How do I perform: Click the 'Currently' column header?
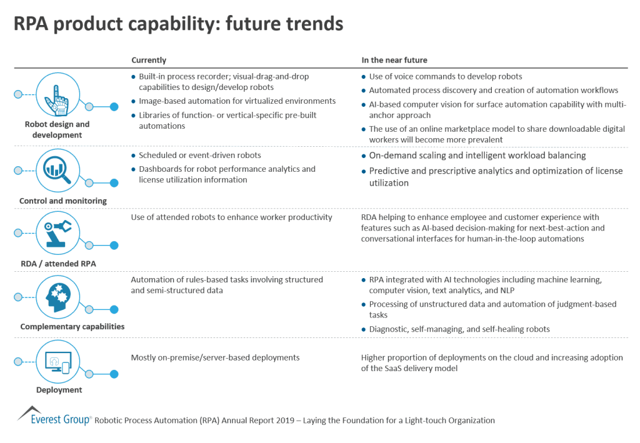tap(149, 60)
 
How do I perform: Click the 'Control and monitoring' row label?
tap(63, 201)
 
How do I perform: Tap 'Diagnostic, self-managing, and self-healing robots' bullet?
tap(459, 329)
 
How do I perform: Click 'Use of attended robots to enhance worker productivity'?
tap(231, 217)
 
